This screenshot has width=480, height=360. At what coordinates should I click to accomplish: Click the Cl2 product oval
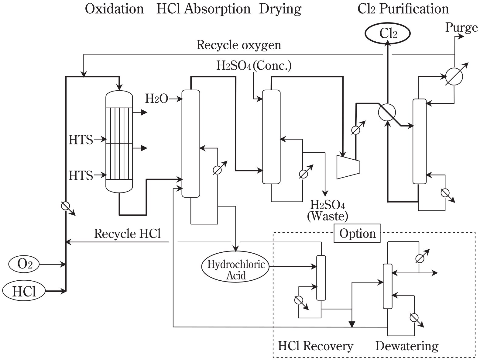click(x=388, y=33)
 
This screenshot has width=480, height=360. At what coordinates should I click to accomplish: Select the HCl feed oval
click(x=24, y=291)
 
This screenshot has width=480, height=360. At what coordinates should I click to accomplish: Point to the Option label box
click(x=357, y=234)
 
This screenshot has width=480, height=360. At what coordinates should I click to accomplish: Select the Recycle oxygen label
click(x=239, y=45)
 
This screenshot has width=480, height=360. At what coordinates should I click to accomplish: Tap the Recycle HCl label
click(x=127, y=234)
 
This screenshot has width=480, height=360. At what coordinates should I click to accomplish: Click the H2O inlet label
click(x=156, y=99)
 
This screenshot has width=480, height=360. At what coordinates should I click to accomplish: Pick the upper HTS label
click(x=81, y=140)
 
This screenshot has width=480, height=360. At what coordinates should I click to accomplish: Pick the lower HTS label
click(x=81, y=175)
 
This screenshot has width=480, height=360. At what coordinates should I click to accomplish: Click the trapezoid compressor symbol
click(x=348, y=166)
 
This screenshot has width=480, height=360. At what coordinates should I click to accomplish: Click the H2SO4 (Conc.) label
click(x=254, y=66)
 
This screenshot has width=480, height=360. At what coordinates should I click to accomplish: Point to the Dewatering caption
click(x=407, y=346)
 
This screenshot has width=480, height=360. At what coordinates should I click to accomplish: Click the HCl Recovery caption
click(x=316, y=346)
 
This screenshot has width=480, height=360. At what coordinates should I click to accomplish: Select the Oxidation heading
click(x=114, y=9)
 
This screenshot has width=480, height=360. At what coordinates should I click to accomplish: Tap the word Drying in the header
click(x=280, y=9)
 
